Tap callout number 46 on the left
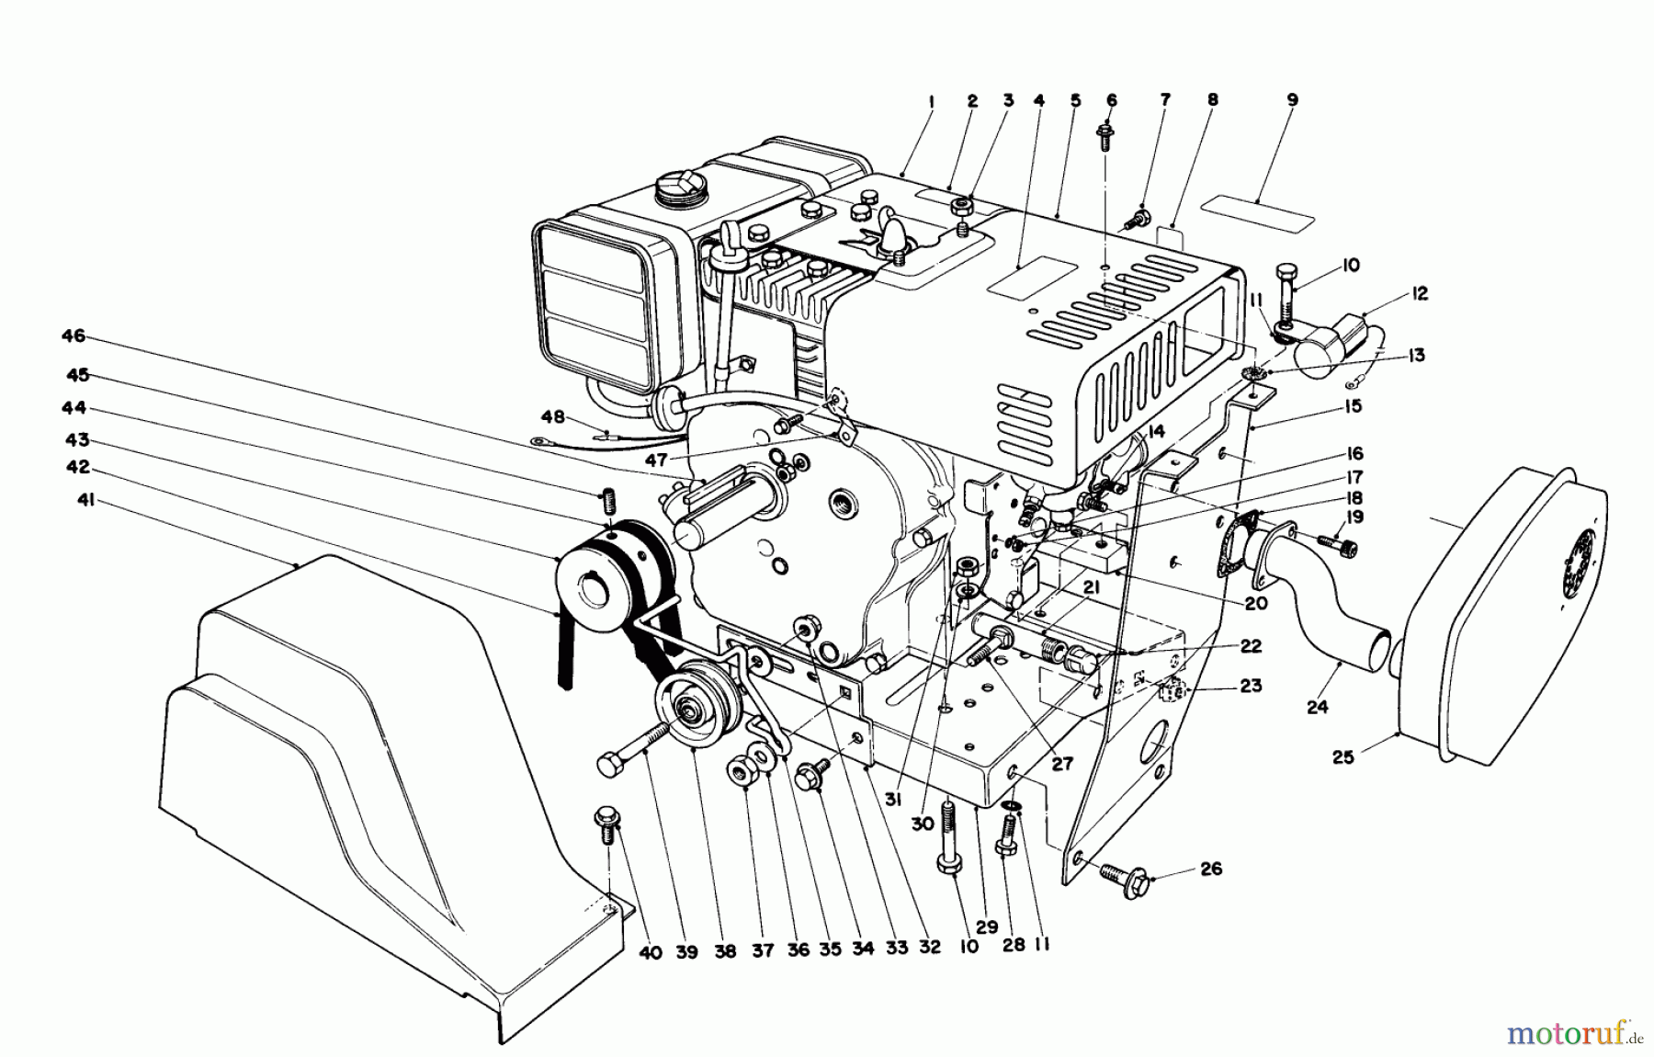coord(74,336)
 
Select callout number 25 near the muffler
coord(1343,758)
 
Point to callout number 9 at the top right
coord(1292,100)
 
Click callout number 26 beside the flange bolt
coord(1211,868)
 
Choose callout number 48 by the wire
coord(552,417)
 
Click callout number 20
coord(1255,603)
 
